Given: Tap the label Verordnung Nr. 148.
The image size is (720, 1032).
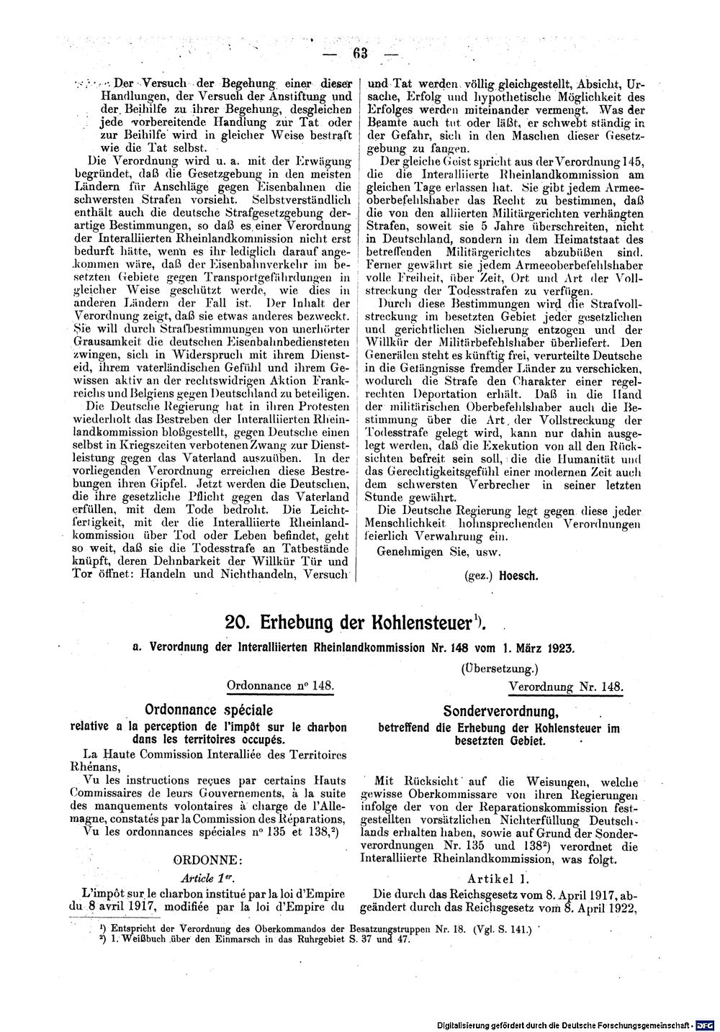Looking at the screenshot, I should pyautogui.click(x=566, y=687).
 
